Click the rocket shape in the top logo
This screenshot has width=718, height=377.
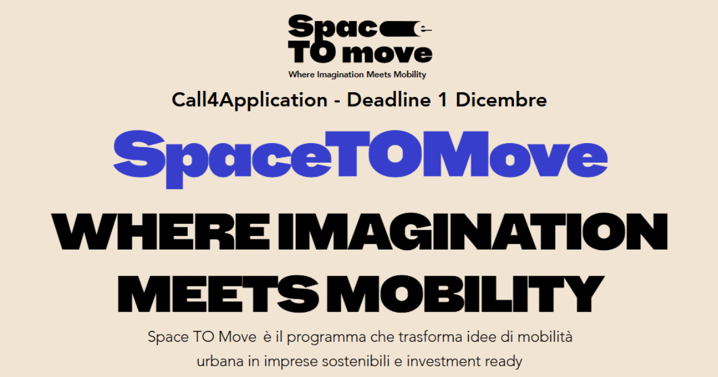406,29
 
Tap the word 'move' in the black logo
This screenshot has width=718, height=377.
387,53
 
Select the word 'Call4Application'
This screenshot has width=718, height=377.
250,101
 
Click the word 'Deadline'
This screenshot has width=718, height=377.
389,100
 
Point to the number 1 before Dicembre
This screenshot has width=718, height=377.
443,100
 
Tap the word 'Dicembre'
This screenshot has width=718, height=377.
501,100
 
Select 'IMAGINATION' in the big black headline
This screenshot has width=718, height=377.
473,232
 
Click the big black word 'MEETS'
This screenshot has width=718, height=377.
218,294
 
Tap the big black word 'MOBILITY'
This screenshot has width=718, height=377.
465,294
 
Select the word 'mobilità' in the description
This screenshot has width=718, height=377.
545,336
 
